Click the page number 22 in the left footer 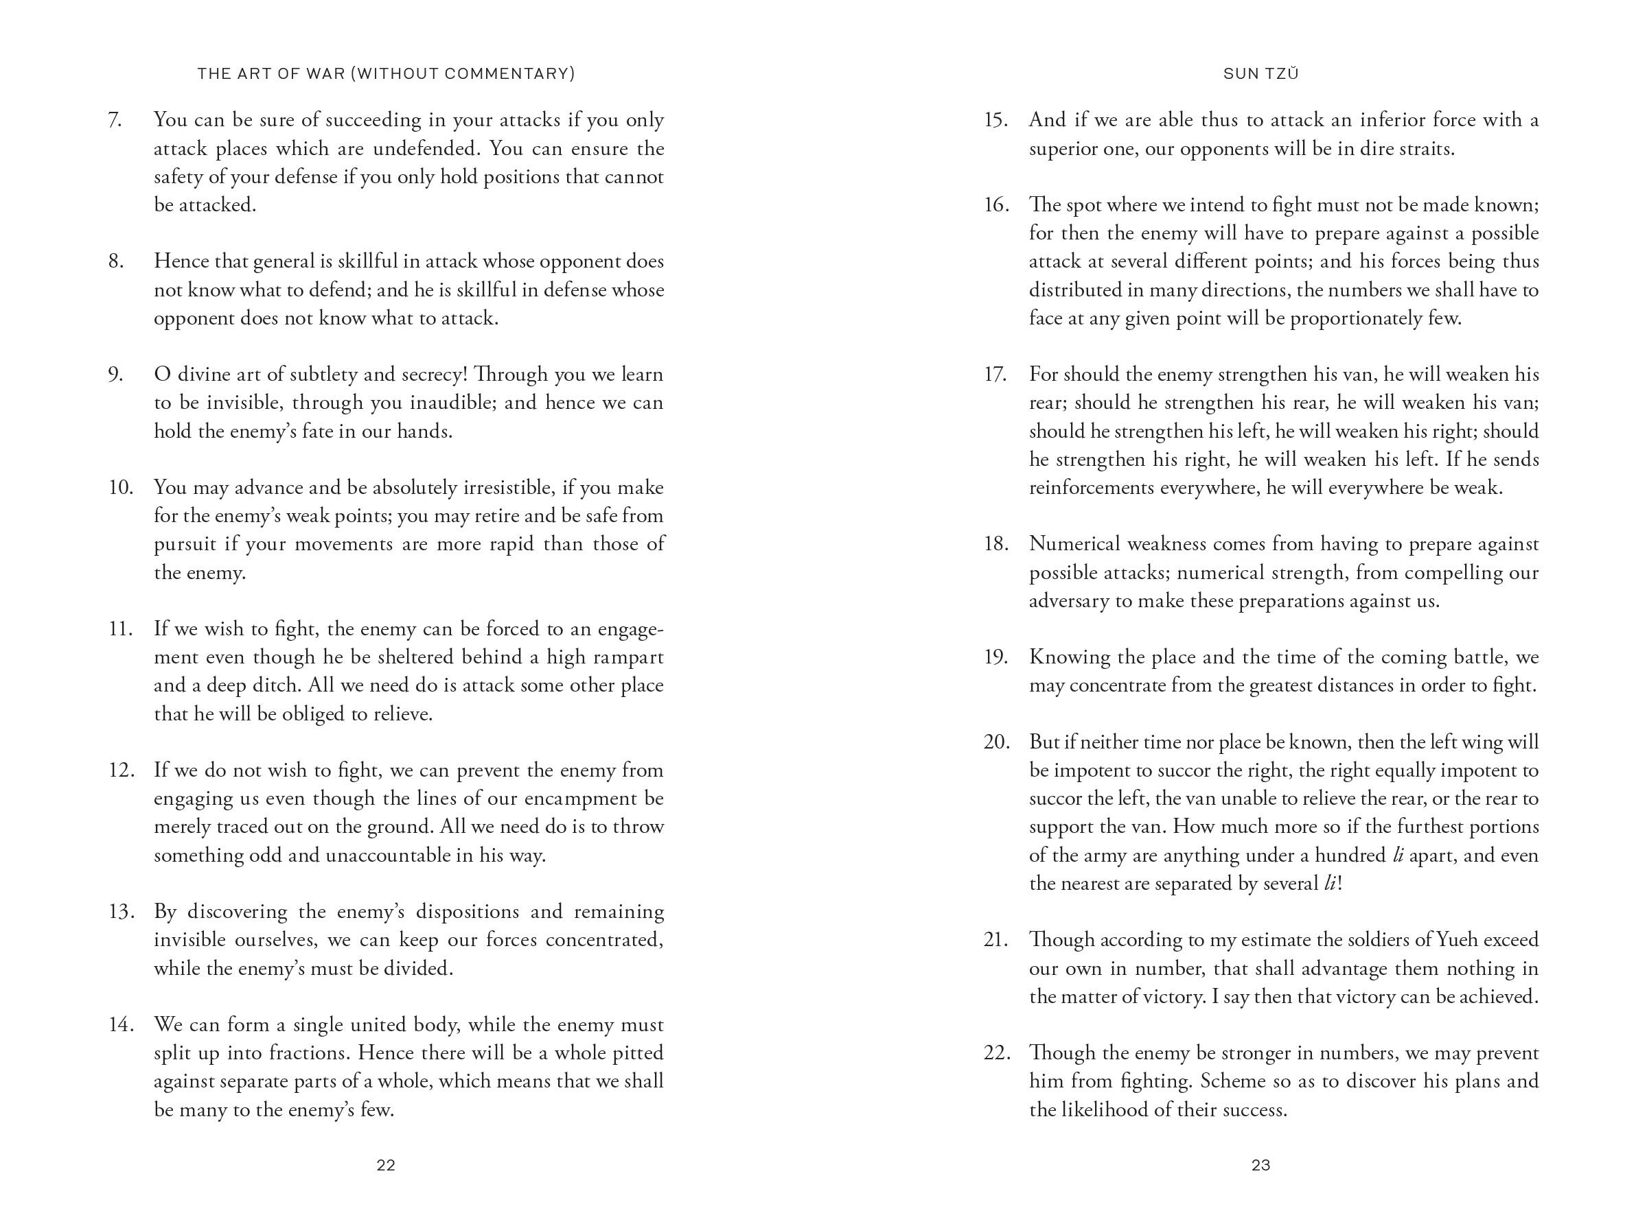pyautogui.click(x=386, y=1164)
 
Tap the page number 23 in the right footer pyautogui.click(x=1260, y=1164)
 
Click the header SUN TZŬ pyautogui.click(x=1260, y=73)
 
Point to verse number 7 pyautogui.click(x=115, y=119)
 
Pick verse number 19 pyautogui.click(x=995, y=657)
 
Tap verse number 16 pyautogui.click(x=995, y=205)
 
